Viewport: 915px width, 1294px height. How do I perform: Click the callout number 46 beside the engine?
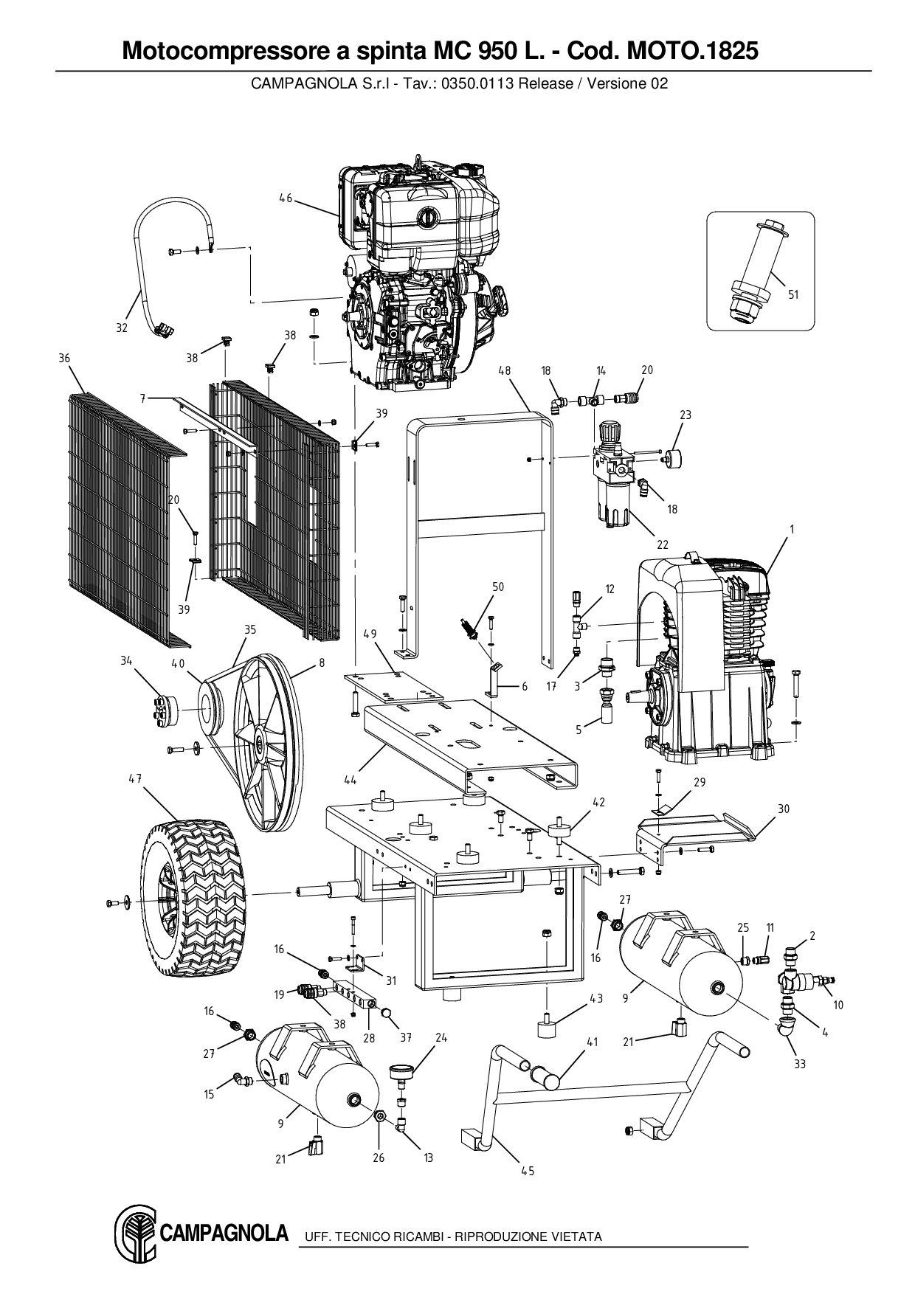[x=286, y=198]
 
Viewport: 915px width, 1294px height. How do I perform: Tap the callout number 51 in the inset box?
[x=793, y=294]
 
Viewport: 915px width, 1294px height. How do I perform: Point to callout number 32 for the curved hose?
[x=122, y=328]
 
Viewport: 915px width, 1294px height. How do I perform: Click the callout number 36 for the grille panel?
[x=64, y=359]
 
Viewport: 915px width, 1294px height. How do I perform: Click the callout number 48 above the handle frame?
[x=505, y=370]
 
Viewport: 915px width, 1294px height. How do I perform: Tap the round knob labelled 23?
[x=671, y=456]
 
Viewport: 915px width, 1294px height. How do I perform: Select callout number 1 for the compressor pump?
[x=792, y=529]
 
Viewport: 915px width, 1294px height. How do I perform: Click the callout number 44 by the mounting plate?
[x=351, y=779]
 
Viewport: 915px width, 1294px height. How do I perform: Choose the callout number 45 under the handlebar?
[x=528, y=1171]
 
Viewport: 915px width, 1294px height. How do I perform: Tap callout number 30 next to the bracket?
[x=783, y=809]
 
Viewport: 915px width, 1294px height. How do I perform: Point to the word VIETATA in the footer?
[x=576, y=1236]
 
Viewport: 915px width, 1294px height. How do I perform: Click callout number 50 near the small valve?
[x=498, y=587]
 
